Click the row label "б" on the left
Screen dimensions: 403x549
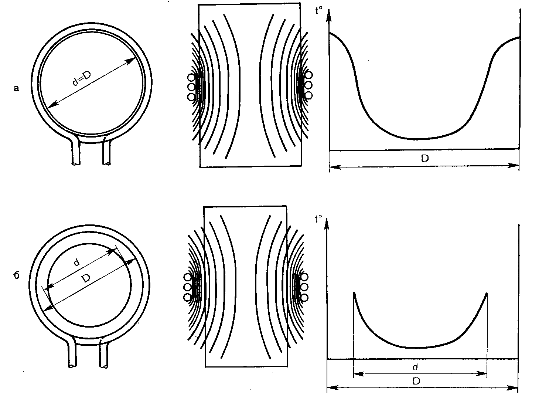coord(17,275)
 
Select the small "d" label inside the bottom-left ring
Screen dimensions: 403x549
coord(76,263)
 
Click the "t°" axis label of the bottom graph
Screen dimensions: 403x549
coord(317,219)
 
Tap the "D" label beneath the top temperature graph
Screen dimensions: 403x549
coord(425,159)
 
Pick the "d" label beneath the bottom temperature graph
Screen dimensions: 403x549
coord(416,367)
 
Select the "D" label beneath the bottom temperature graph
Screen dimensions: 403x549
coord(416,381)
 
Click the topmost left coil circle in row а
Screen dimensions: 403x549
coord(191,78)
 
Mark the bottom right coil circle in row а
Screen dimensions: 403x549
coord(308,95)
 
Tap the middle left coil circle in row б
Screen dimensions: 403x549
coord(187,287)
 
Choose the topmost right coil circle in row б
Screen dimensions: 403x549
coord(304,277)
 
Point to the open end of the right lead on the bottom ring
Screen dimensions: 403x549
coord(104,366)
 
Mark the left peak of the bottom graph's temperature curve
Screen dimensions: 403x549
coord(354,294)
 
